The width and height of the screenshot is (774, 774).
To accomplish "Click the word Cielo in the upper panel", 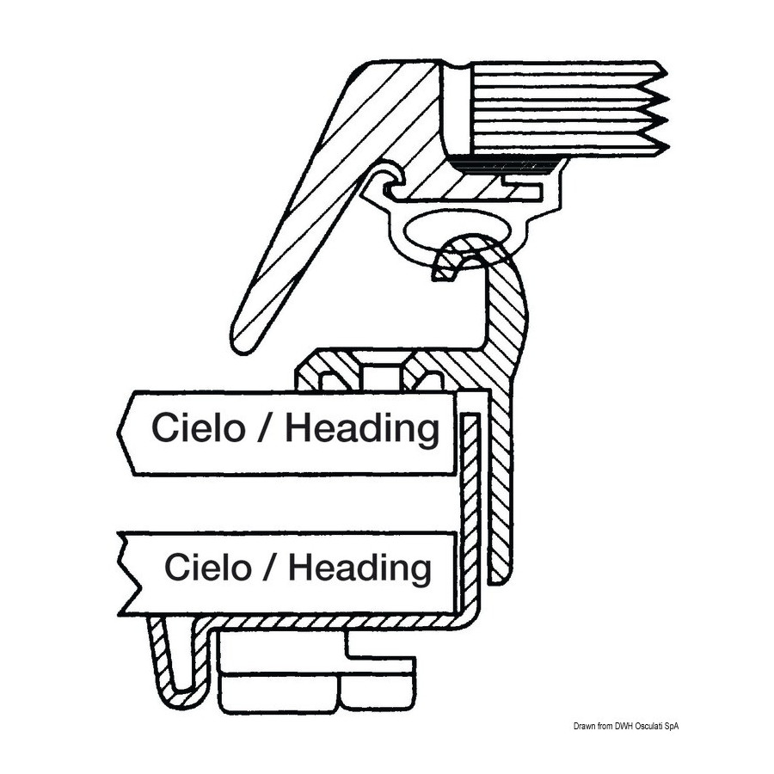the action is (198, 427).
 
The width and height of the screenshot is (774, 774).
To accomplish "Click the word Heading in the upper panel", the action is (362, 427).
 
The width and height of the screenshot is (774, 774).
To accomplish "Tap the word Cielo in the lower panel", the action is (208, 567).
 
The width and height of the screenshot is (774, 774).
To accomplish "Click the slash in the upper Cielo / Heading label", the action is (265, 427).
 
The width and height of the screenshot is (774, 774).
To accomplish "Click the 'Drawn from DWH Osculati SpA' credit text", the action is (626, 726).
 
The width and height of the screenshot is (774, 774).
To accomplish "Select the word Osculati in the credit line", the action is (648, 726).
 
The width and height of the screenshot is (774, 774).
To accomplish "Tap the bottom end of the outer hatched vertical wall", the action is (499, 581).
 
